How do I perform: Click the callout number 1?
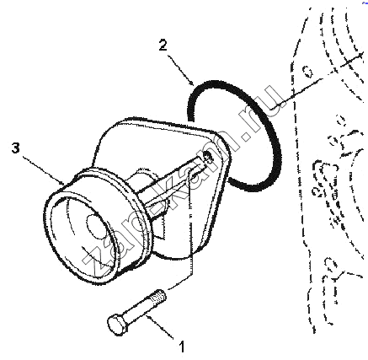[x=182, y=347]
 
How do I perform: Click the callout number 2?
[x=163, y=46]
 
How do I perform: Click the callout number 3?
[x=16, y=148]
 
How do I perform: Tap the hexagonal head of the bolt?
[x=117, y=325]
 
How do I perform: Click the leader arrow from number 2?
[x=181, y=70]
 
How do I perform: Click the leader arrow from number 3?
[x=44, y=171]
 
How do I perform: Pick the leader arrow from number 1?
[x=161, y=326]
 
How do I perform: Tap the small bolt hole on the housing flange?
[x=208, y=156]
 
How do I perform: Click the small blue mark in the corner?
[x=365, y=3]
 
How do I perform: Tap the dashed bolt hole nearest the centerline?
[x=308, y=72]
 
